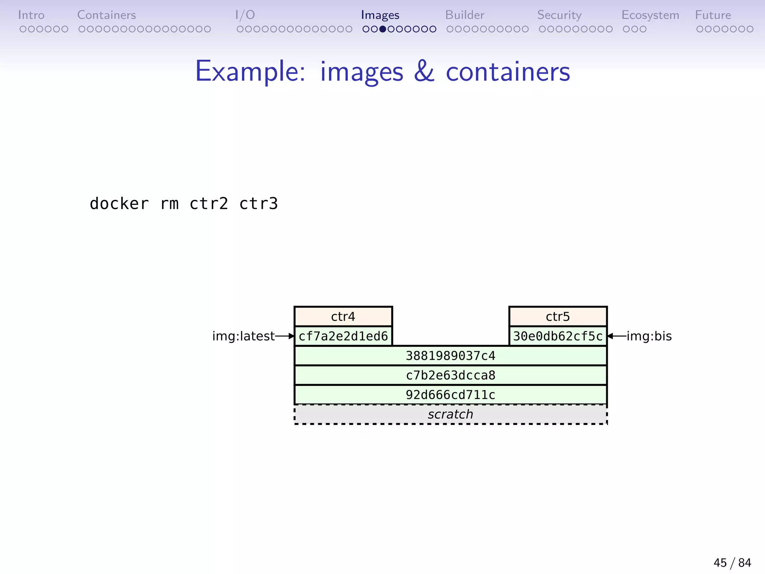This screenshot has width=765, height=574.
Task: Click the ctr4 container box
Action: click(x=343, y=317)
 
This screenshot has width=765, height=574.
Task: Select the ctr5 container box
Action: click(x=558, y=317)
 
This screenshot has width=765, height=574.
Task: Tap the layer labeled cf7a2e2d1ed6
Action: click(x=343, y=336)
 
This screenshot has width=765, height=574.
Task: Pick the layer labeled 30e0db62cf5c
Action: click(x=558, y=336)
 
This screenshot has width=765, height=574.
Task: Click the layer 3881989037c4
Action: click(x=450, y=356)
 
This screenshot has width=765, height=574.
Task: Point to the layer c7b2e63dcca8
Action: click(x=450, y=375)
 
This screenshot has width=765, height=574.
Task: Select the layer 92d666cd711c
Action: click(x=450, y=395)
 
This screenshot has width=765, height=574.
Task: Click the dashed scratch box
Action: click(x=450, y=414)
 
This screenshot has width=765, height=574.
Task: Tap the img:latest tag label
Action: click(x=243, y=336)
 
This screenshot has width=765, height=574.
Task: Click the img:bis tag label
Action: click(x=649, y=336)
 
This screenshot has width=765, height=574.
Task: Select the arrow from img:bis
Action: click(x=617, y=336)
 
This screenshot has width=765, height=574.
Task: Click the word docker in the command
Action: click(x=119, y=204)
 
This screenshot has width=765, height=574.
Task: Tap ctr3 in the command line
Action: click(x=258, y=204)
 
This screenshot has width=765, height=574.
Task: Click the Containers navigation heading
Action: click(x=106, y=15)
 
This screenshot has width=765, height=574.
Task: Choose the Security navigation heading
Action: click(x=559, y=15)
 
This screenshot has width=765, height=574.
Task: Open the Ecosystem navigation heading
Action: click(x=650, y=15)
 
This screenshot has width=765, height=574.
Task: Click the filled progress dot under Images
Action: click(x=382, y=29)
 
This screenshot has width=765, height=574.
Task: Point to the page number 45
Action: click(x=720, y=563)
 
